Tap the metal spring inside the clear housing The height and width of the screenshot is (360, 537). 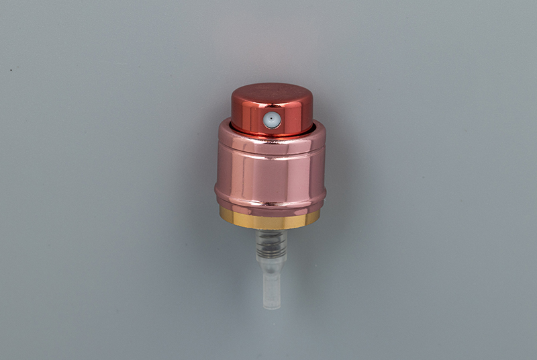(271, 243)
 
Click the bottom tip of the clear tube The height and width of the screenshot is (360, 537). (272, 306)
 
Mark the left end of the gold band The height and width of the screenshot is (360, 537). (222, 215)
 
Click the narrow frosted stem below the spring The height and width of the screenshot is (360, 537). (272, 282)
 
